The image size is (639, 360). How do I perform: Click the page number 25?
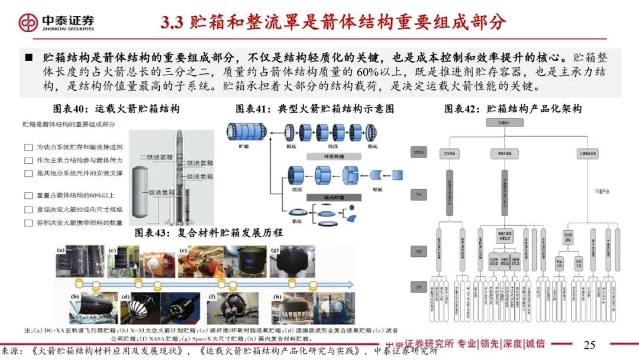tap(589, 345)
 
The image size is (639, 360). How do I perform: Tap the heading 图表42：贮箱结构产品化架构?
tap(512, 109)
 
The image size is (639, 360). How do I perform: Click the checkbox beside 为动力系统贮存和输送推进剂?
tap(28, 147)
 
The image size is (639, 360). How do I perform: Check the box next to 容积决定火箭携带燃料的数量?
tap(28, 223)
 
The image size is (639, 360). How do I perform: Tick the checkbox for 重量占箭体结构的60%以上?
tap(28, 195)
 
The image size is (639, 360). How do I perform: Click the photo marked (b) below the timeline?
tap(85, 307)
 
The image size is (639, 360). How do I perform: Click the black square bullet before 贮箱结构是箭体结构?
tap(28, 57)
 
